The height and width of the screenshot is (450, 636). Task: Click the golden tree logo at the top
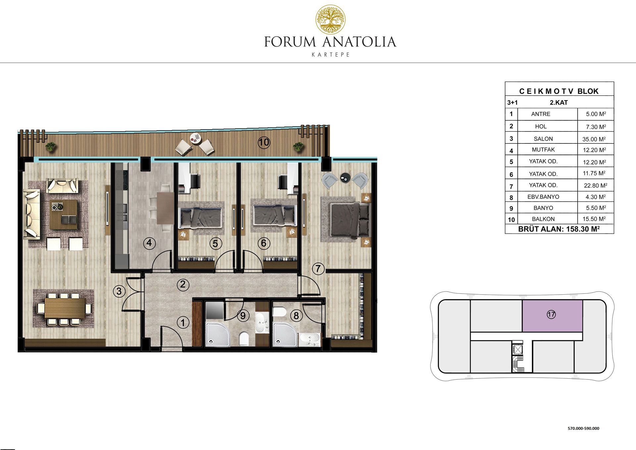[x=330, y=19]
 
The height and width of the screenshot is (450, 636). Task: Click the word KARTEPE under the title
[x=331, y=55]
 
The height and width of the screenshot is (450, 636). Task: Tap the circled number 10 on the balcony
[x=264, y=142]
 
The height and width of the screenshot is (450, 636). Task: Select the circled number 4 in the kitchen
[x=149, y=243]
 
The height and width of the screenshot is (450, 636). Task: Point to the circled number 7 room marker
[x=318, y=268]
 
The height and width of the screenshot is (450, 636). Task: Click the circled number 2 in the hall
[x=183, y=284]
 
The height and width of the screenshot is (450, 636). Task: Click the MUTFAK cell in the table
[x=543, y=149]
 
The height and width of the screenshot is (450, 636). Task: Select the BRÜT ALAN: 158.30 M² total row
[x=559, y=229]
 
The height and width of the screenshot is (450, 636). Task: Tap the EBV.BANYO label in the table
[x=543, y=197]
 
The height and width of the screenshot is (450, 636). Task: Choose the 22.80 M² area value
[x=595, y=186]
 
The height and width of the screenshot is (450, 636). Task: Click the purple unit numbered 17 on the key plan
[x=552, y=316]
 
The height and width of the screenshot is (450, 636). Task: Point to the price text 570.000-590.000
[x=583, y=428]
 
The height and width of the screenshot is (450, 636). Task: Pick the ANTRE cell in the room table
[x=541, y=114]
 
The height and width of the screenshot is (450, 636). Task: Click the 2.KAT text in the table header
[x=559, y=103]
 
